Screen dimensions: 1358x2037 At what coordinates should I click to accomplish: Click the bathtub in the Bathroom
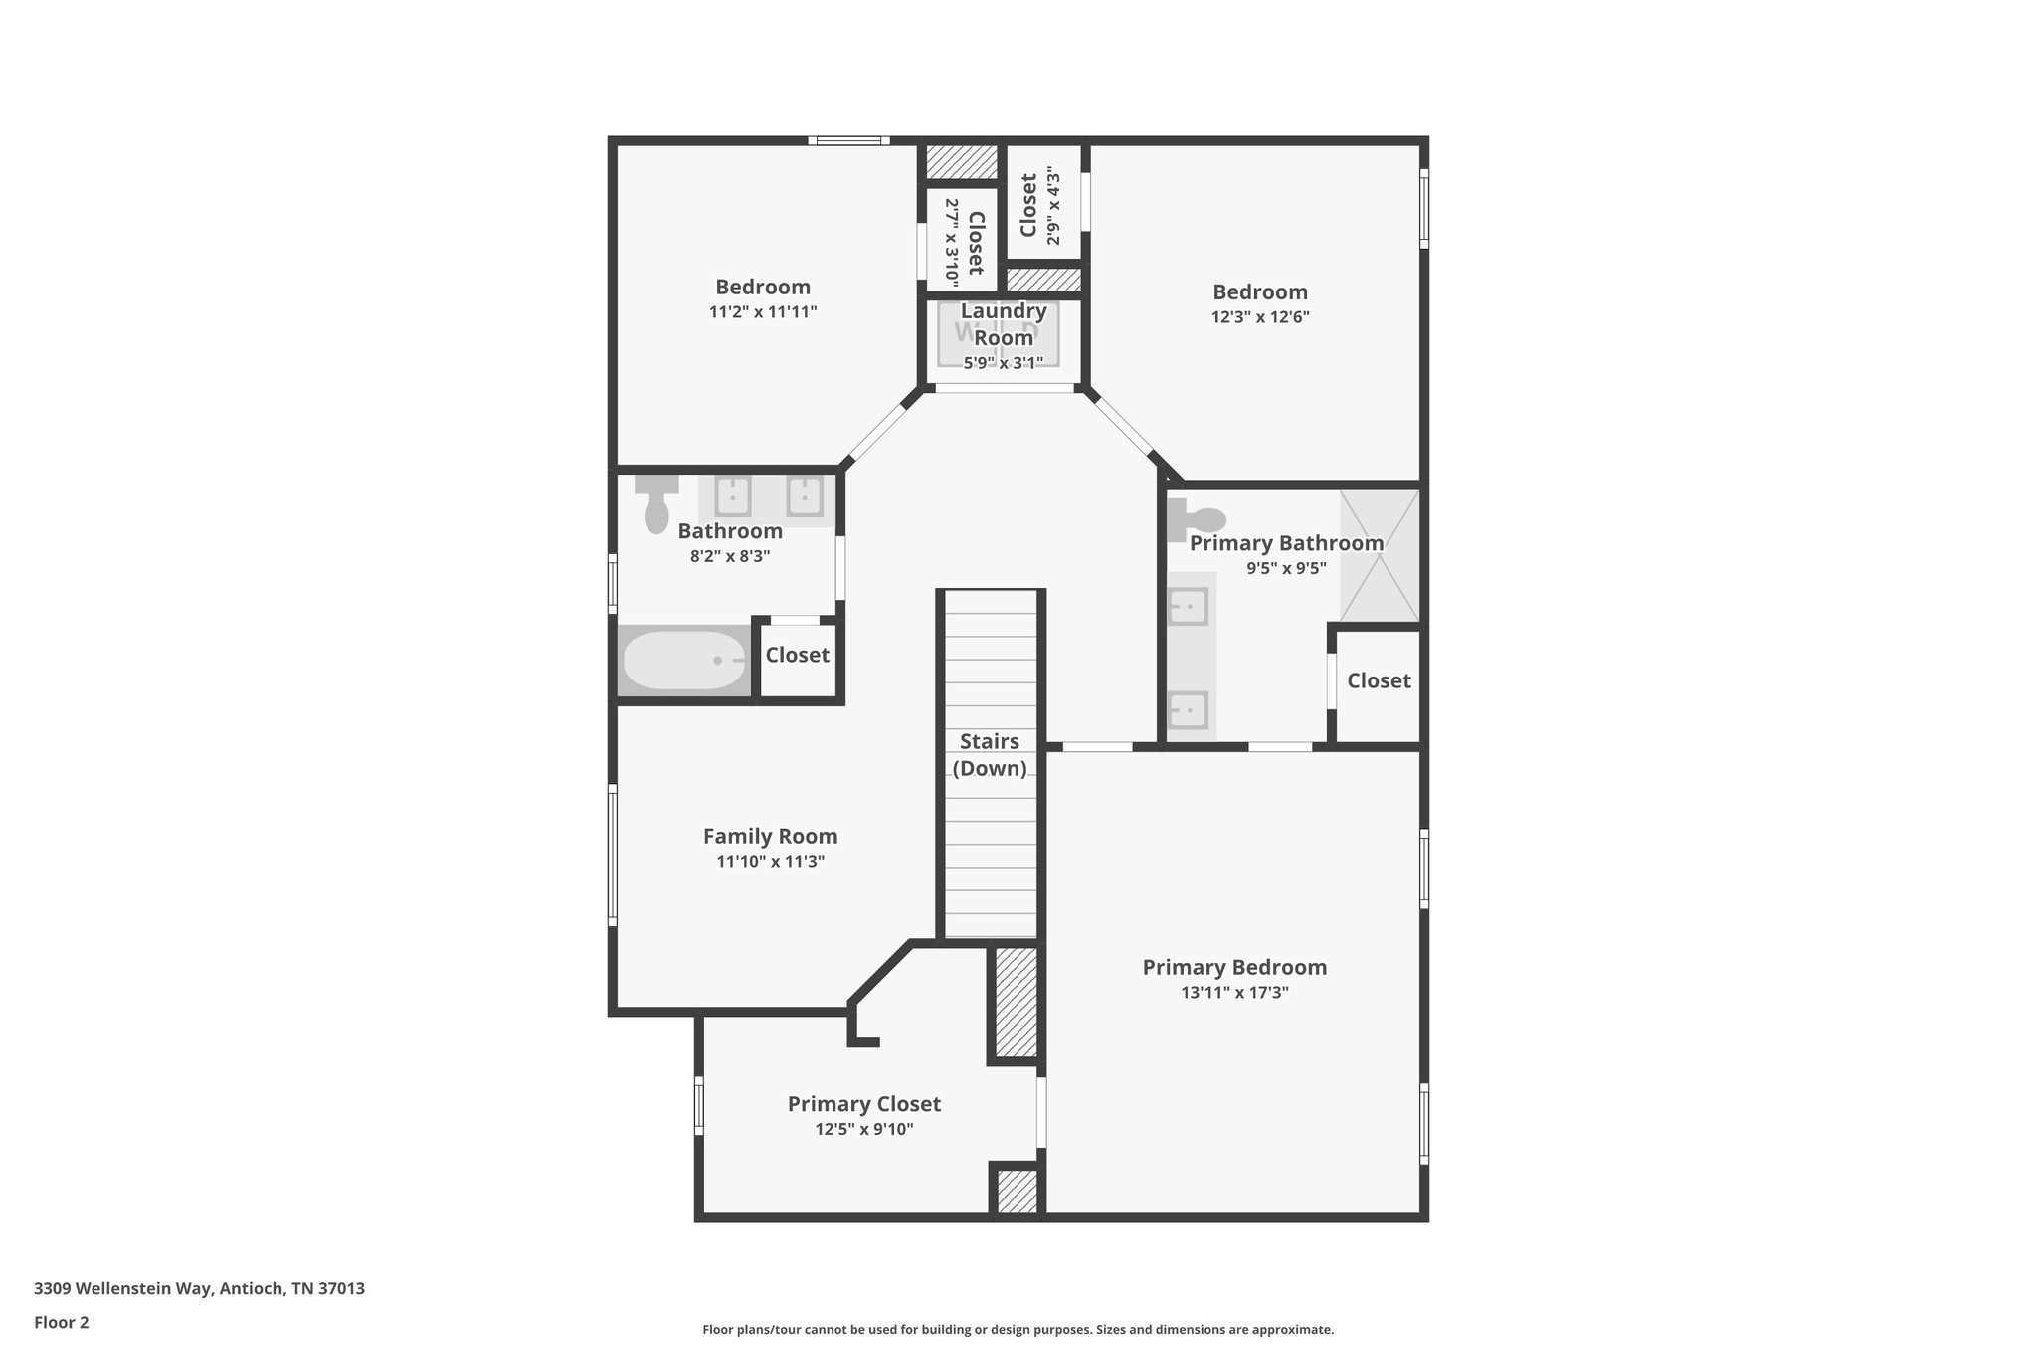click(683, 661)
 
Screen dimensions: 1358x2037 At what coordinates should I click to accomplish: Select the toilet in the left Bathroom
click(656, 504)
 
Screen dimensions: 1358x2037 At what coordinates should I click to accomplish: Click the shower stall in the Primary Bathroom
click(1379, 556)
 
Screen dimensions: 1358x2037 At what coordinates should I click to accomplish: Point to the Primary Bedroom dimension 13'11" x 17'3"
click(1234, 992)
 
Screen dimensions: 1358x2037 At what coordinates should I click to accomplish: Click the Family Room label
click(770, 836)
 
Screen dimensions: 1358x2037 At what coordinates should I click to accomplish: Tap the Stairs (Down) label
click(990, 754)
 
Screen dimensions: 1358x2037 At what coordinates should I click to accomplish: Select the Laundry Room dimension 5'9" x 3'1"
click(1003, 363)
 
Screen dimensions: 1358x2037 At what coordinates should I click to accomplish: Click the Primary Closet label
click(863, 1103)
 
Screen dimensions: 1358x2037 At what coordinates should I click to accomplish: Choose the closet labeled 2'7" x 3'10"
click(962, 239)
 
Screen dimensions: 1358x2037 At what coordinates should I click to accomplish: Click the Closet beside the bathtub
click(797, 655)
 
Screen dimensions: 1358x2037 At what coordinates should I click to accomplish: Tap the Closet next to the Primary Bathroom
click(1379, 680)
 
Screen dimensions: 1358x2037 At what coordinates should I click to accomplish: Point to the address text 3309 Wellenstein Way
click(199, 1288)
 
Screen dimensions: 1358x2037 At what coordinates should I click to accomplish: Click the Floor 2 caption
click(62, 1322)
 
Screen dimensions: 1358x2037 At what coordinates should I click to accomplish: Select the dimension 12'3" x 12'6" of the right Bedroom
click(1259, 317)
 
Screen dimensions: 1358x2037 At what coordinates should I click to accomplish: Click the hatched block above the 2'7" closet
click(961, 162)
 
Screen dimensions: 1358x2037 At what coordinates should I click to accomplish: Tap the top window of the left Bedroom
click(847, 141)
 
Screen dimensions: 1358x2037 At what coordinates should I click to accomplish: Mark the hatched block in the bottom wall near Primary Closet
click(1017, 1191)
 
